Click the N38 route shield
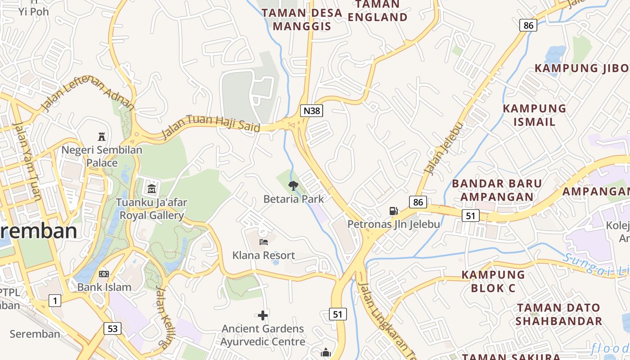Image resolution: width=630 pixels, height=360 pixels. click(311, 111)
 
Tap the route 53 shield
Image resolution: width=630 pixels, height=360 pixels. click(112, 328)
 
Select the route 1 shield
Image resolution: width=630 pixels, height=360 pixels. click(55, 300)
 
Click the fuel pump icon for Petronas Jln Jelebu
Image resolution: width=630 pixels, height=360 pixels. click(393, 211)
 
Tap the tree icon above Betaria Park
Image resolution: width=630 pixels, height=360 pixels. click(293, 185)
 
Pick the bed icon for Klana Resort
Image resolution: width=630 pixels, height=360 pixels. click(264, 242)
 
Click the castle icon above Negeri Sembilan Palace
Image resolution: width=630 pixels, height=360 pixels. click(102, 136)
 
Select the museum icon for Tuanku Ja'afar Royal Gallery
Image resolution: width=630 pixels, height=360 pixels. click(152, 189)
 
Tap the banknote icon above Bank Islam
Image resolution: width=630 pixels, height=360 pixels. click(104, 274)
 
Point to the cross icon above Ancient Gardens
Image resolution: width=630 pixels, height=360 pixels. click(263, 315)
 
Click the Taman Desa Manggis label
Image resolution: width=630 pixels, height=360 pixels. click(302, 19)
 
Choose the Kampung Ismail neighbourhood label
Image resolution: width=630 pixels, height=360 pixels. click(534, 115)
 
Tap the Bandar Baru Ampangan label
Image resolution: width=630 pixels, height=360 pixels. click(497, 190)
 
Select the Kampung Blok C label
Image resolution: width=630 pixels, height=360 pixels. click(493, 281)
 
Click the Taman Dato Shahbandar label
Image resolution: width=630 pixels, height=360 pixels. click(558, 314)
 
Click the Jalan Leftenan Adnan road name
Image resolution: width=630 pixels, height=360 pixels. click(88, 93)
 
